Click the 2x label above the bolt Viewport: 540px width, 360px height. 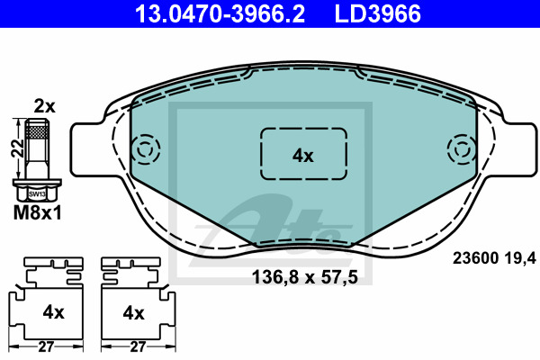click(43, 106)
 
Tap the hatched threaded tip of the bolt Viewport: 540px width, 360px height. click(37, 131)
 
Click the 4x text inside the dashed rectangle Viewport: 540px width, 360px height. click(303, 155)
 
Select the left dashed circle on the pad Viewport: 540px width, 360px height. click(144, 148)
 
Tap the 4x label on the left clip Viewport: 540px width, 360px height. click(53, 312)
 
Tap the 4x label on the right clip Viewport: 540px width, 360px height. click(133, 312)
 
